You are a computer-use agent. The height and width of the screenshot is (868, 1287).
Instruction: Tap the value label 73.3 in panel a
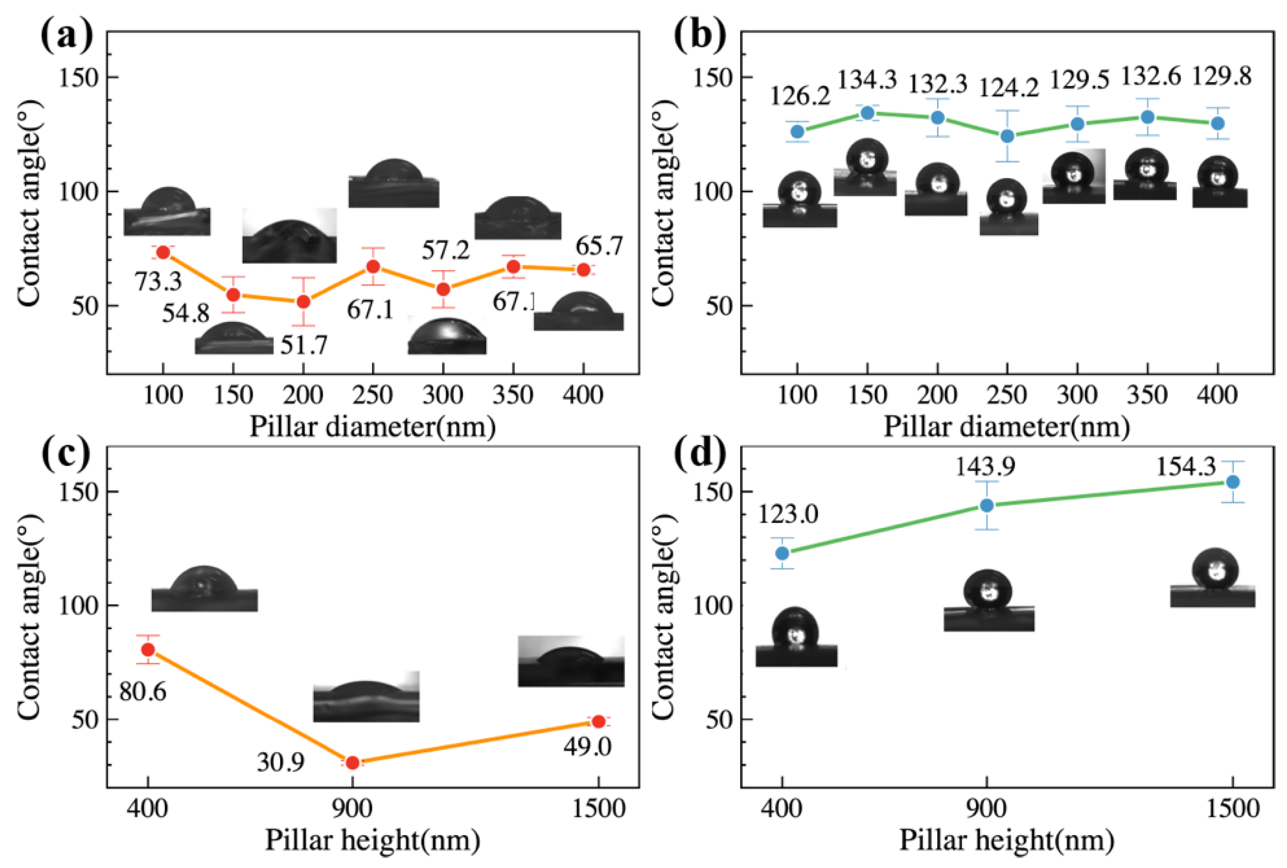(x=158, y=281)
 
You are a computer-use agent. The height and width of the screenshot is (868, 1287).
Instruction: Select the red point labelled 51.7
(x=303, y=302)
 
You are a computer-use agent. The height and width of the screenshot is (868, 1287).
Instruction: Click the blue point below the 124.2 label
(x=1007, y=136)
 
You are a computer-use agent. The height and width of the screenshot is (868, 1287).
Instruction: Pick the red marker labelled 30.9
(x=352, y=763)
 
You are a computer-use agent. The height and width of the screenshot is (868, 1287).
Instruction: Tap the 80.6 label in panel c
(x=143, y=692)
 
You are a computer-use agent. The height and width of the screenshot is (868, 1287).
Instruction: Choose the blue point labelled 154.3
(x=1233, y=482)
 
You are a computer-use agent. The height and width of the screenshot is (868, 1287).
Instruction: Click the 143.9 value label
(x=986, y=467)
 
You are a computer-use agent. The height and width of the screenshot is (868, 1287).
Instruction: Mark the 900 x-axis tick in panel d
(x=986, y=809)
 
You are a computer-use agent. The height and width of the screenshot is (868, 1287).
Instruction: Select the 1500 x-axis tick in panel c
(x=598, y=809)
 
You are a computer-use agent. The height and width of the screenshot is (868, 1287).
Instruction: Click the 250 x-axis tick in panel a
(x=374, y=395)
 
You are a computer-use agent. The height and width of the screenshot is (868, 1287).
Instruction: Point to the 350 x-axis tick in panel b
(x=1147, y=395)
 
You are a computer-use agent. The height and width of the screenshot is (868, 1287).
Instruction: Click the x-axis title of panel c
(x=372, y=840)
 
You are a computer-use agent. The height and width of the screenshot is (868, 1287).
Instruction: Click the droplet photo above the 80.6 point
(x=204, y=589)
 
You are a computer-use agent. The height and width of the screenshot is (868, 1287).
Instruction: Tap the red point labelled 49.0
(x=598, y=722)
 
